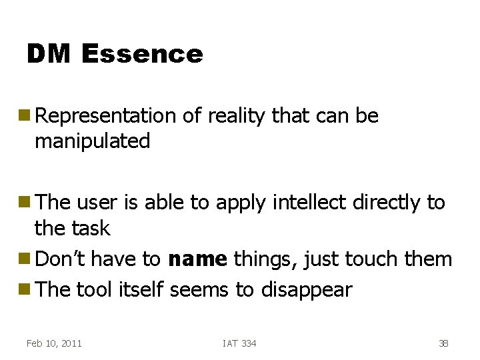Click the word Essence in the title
142,54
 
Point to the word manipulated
92,141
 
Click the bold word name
197,259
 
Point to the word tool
95,290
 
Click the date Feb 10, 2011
54,343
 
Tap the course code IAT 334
239,343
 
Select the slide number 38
443,343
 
